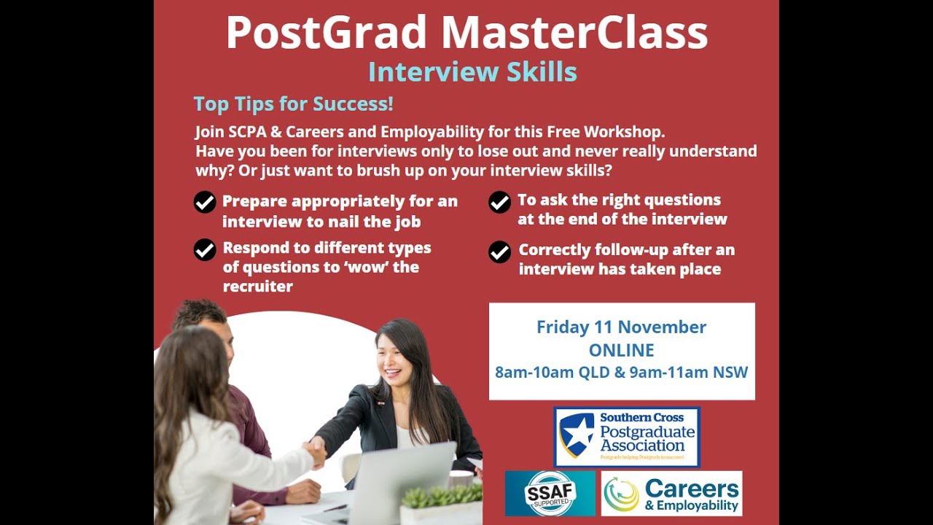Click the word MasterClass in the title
coord(574,33)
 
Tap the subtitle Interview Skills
coord(472,72)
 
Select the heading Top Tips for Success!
coord(293,104)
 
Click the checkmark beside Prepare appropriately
coord(205,202)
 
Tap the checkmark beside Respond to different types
coord(205,249)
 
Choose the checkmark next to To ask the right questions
coord(499,202)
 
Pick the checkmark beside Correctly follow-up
coord(499,252)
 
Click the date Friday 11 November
coord(621,327)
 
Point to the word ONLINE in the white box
coord(621,350)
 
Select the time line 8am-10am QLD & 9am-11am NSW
coord(621,373)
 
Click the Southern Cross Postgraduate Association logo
coord(627,437)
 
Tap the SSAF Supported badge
coord(550,494)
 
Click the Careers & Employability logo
coord(671,494)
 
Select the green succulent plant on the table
coord(441,499)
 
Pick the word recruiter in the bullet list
coord(257,287)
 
